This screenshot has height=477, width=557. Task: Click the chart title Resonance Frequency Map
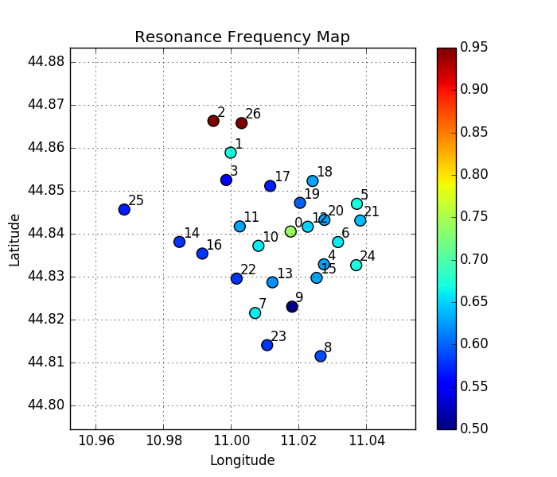(x=242, y=37)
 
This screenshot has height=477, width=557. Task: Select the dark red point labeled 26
(x=241, y=122)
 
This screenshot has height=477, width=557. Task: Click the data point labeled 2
(x=213, y=121)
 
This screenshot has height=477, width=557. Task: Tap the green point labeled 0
(x=290, y=231)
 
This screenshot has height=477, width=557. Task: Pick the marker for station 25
(x=124, y=209)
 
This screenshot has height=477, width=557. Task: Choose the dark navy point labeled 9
(x=292, y=306)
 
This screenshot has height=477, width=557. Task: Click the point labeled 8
(x=321, y=355)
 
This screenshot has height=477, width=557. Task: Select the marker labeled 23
(x=267, y=345)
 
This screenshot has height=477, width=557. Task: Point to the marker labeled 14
(x=179, y=242)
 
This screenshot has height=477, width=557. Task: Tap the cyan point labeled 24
(x=356, y=265)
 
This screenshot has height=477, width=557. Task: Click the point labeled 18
(x=313, y=181)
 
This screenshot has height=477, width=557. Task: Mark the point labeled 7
(x=255, y=312)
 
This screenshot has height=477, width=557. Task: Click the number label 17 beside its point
(x=282, y=176)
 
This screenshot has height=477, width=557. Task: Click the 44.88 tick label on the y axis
(x=48, y=62)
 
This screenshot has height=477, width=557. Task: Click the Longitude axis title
(x=242, y=460)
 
